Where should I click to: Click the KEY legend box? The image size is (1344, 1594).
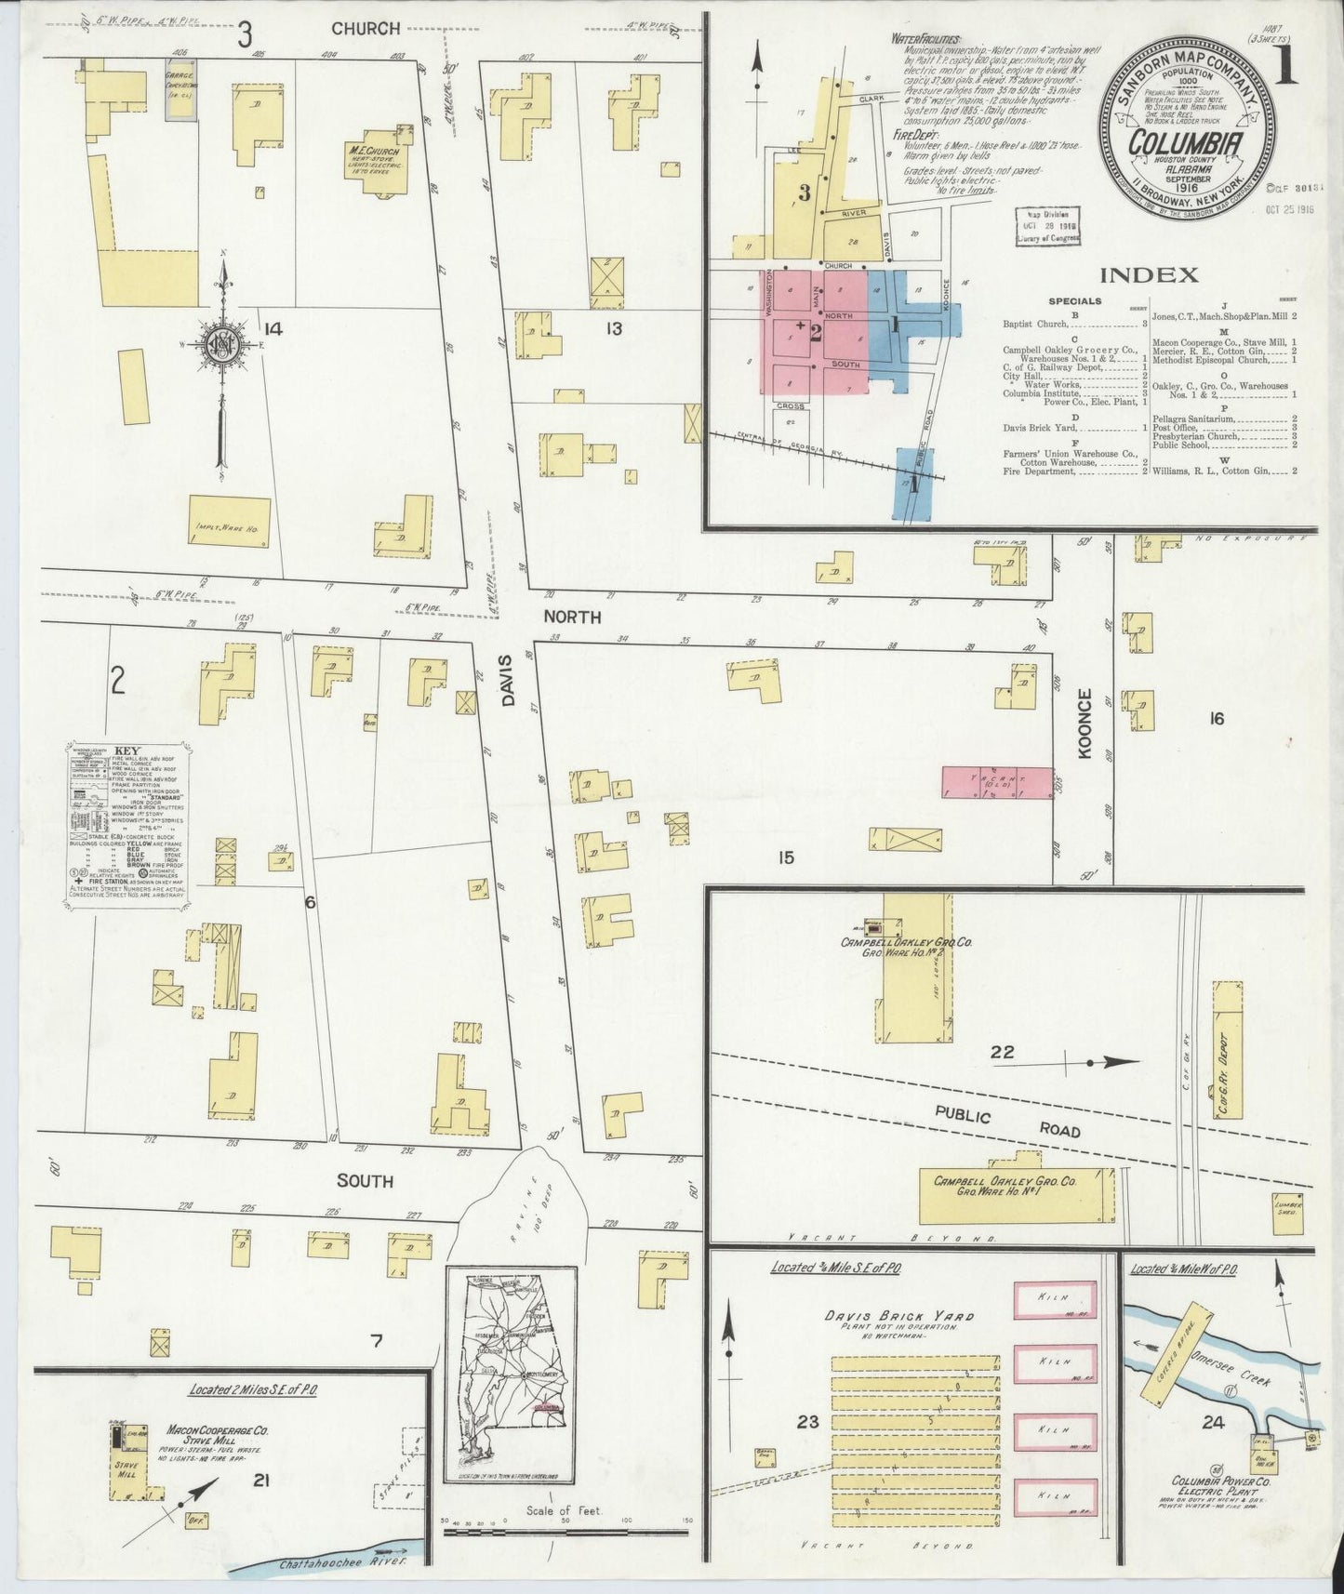point(127,824)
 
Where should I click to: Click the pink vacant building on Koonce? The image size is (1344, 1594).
point(996,782)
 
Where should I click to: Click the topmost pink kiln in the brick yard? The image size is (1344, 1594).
point(1055,1299)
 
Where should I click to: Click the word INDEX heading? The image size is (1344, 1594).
point(1148,274)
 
